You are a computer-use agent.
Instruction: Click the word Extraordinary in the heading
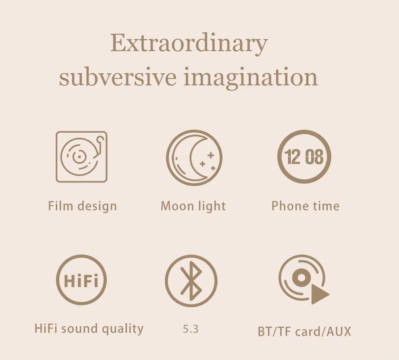189,43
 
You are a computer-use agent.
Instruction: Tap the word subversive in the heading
118,77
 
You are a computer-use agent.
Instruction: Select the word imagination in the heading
251,78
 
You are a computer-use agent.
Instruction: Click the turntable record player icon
81,157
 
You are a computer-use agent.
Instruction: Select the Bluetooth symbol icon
191,280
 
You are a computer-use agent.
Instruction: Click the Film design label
83,206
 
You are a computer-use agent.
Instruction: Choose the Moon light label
193,206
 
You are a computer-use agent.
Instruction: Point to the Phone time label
305,206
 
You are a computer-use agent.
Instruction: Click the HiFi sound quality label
89,329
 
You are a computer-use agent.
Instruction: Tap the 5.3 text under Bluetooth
191,329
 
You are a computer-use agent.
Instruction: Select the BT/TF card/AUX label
304,331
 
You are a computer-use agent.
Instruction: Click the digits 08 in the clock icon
314,157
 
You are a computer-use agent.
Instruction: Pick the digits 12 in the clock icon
293,157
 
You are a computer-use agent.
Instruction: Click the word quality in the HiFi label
123,329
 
